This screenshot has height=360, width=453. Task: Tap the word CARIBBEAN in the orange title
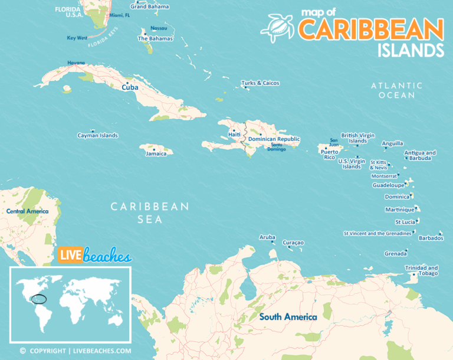370,30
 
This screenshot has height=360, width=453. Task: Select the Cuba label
130,87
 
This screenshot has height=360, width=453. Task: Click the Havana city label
76,63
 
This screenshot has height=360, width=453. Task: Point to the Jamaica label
156,153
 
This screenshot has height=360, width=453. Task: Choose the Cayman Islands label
97,135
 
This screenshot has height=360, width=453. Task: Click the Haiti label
234,135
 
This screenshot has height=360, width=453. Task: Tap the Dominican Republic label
274,139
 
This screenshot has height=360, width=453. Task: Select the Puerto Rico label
329,154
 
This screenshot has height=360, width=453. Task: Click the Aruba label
267,237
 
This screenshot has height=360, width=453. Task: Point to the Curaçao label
293,242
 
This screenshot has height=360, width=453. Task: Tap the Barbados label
431,238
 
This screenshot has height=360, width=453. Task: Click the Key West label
77,38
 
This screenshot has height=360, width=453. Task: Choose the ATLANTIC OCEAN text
397,90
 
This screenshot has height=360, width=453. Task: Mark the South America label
288,317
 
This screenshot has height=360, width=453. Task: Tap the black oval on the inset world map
39,299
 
